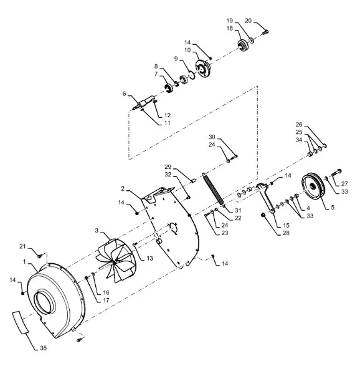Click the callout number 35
tap(44, 348)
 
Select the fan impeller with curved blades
tap(116, 260)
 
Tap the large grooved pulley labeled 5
tap(313, 186)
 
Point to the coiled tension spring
tap(214, 190)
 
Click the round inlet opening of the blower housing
tap(45, 302)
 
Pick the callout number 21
tap(22, 246)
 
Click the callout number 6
tap(125, 94)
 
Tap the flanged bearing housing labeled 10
tap(203, 68)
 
